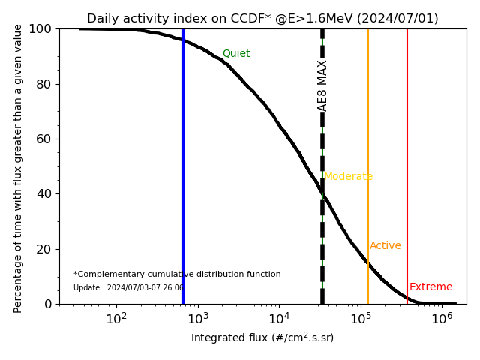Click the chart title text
point(262,19)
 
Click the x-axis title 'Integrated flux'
point(262,337)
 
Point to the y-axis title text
point(19,166)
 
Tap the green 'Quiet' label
point(236,54)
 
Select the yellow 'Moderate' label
point(348,177)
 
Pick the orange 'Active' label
point(385,246)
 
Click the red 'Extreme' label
point(431,287)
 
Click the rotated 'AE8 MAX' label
point(323,85)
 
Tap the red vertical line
point(407,150)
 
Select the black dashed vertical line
point(322,225)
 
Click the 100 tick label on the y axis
point(39,28)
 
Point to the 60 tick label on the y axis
point(42,139)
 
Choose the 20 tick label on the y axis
point(42,249)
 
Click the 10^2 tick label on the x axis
point(116,318)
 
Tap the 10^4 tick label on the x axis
point(279,318)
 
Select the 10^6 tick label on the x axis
point(442,318)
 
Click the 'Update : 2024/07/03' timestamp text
point(128,288)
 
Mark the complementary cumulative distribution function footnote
point(177,274)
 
